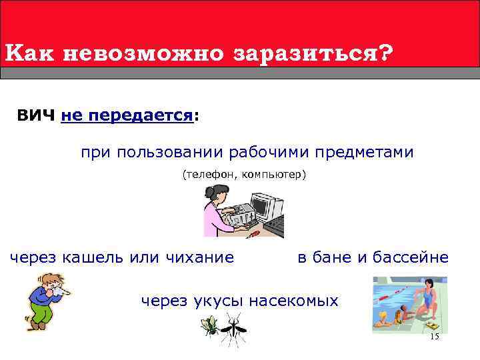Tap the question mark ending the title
385,52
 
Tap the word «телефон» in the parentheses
204,175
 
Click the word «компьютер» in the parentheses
273,175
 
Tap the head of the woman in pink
216,196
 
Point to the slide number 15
435,337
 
